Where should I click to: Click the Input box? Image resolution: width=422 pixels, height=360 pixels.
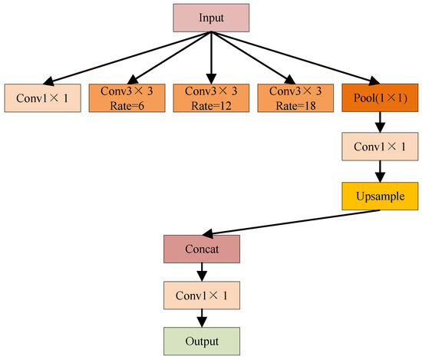coord(210,18)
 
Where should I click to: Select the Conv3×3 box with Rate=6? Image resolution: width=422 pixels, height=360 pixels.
coord(126,97)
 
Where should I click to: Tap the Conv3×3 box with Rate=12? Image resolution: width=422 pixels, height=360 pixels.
coord(210,97)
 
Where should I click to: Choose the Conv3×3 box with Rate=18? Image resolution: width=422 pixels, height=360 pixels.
coord(295,97)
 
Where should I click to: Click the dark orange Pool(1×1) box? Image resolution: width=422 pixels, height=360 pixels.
coord(379,97)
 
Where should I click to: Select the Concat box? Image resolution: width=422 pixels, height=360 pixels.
coord(202,249)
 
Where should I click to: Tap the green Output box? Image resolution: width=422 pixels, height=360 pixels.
coord(202,340)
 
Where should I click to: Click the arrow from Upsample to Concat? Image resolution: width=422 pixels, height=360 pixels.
coord(292,223)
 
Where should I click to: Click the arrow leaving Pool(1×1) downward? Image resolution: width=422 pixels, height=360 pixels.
coord(379,122)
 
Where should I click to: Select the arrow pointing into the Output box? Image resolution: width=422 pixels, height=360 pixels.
coord(202,318)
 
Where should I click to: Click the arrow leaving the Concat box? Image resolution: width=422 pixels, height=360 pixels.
coord(202,272)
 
